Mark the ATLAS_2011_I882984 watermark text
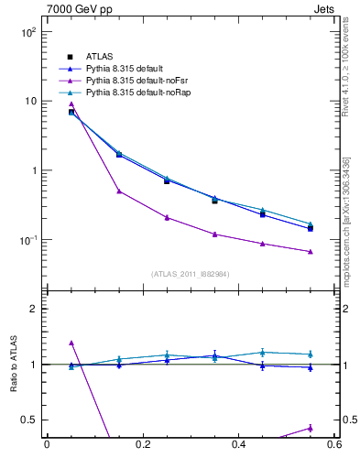click(x=190, y=274)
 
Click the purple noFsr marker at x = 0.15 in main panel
click(x=119, y=191)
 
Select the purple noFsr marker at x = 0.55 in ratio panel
click(x=311, y=428)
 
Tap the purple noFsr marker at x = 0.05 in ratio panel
click(x=71, y=343)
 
